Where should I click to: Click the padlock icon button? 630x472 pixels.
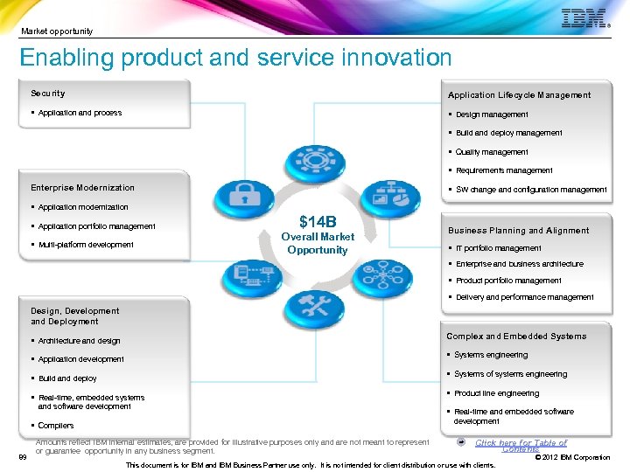[239, 198]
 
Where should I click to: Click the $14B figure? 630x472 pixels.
[317, 221]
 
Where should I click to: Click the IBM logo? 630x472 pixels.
[584, 19]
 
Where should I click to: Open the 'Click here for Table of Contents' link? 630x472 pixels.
[521, 445]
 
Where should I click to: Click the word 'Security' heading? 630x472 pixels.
[48, 94]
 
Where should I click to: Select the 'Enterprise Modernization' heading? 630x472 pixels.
[83, 188]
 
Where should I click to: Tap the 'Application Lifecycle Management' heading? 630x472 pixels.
[519, 95]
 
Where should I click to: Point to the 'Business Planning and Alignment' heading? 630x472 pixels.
[519, 231]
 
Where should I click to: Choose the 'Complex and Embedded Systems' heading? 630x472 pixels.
[516, 337]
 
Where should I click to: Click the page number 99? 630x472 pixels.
[22, 457]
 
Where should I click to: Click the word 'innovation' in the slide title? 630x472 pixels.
[381, 59]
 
